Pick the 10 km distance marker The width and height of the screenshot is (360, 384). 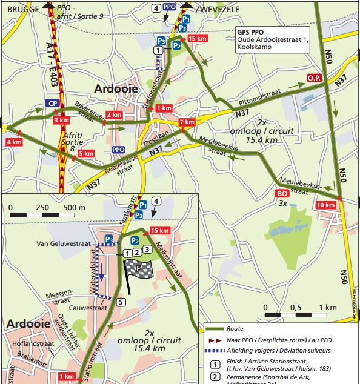326,205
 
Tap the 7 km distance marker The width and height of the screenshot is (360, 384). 187,122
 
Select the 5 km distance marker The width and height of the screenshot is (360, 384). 86,153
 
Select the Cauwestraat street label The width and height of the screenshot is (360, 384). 88,308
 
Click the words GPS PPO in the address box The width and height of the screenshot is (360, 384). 250,31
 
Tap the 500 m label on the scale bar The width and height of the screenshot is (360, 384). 75,208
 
